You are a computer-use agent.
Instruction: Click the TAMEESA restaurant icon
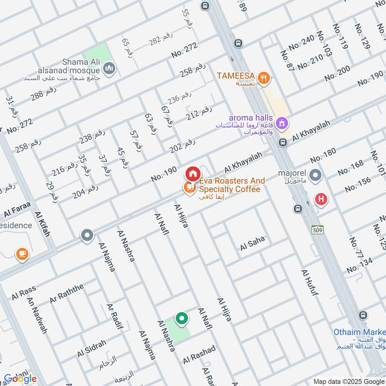263,77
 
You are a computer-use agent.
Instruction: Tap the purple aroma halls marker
283,124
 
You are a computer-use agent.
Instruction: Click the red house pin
192,173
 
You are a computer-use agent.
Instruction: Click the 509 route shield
317,229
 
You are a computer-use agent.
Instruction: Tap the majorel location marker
316,175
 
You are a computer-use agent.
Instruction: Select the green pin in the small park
181,318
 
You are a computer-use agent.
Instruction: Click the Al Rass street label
24,291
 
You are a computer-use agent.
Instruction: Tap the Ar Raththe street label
66,293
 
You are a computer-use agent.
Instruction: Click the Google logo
20,378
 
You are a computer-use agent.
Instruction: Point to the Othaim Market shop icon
363,316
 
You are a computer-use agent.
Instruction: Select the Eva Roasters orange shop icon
188,187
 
